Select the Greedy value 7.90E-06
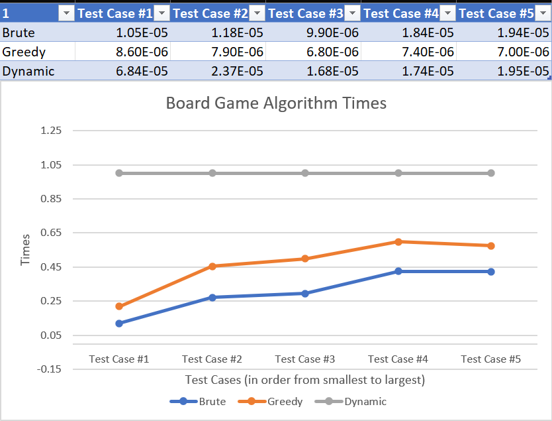point(237,52)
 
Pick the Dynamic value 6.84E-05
point(142,71)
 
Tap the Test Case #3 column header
point(306,13)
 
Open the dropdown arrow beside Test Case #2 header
point(257,13)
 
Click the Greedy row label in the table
point(24,52)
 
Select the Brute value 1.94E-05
point(523,32)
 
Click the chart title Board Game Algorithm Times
point(276,103)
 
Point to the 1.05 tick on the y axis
point(51,164)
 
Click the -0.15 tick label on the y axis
point(49,369)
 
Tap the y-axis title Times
point(25,250)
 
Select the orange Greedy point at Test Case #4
point(398,242)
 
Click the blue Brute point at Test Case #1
point(119,324)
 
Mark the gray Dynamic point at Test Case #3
point(305,173)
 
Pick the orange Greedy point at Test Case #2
point(212,267)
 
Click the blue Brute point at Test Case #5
point(491,272)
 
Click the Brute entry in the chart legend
point(198,401)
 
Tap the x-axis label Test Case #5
point(490,359)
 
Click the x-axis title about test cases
point(305,380)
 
